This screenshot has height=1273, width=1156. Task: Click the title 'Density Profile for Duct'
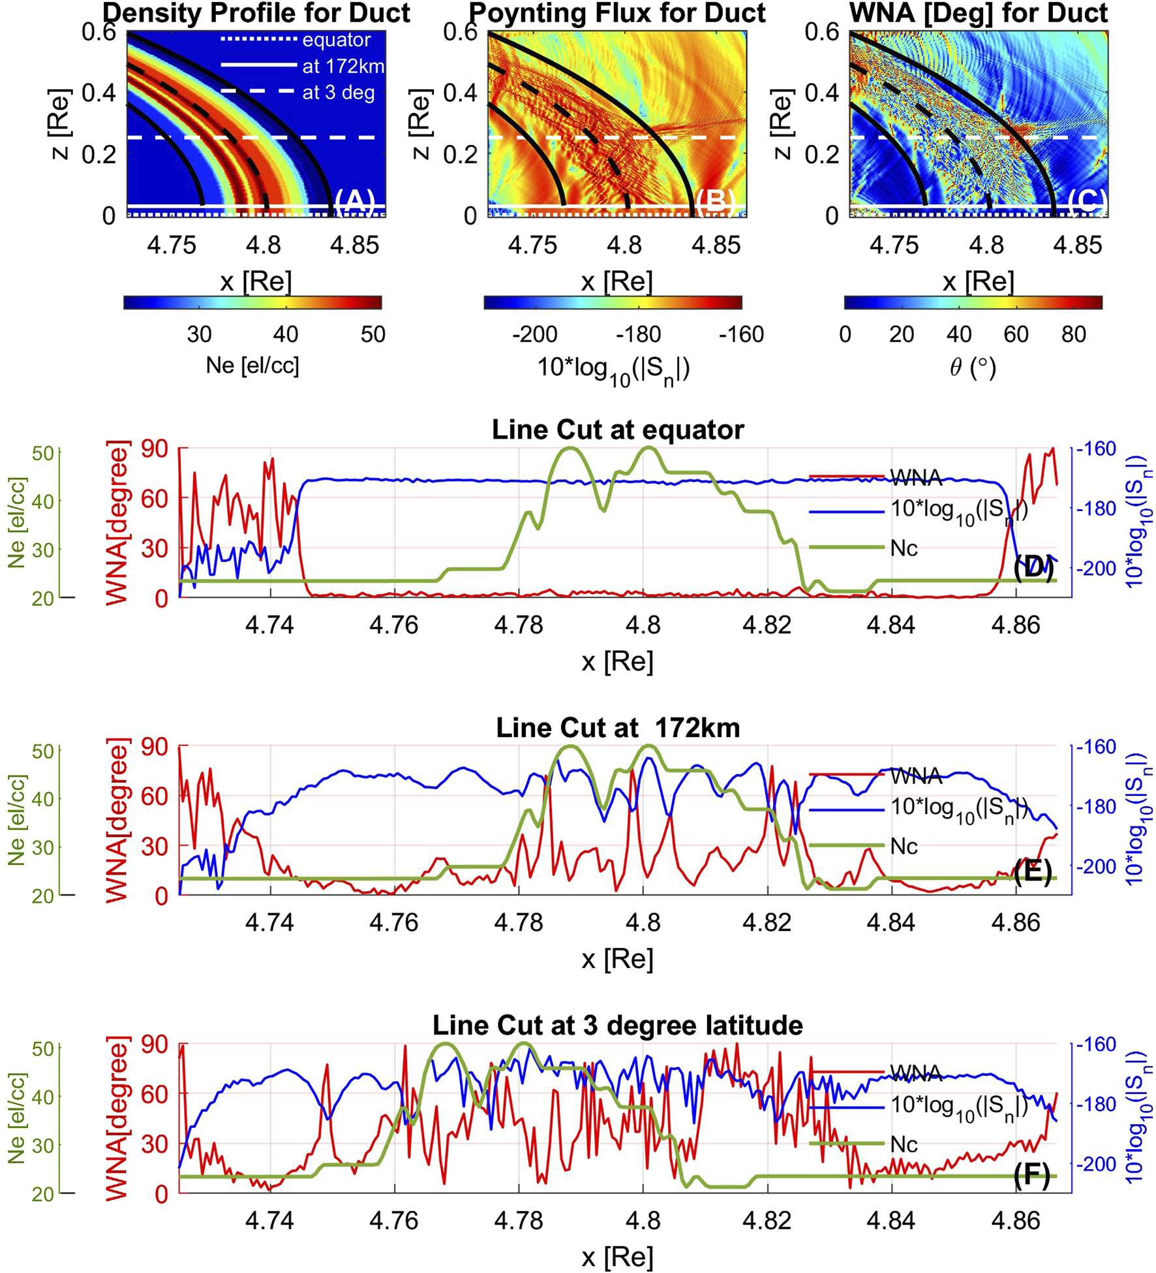(256, 13)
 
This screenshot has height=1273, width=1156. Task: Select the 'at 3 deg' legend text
(338, 93)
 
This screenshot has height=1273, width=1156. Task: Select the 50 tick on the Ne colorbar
(373, 334)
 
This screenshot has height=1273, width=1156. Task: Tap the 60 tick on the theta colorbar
(1016, 334)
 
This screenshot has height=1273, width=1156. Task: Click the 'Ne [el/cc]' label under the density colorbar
(252, 365)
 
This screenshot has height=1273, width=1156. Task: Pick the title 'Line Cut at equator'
(617, 430)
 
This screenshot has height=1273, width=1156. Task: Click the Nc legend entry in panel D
(904, 548)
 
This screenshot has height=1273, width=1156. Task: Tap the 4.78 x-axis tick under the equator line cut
(518, 625)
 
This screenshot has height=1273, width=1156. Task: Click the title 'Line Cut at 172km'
(617, 728)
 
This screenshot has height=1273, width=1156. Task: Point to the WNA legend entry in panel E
(915, 776)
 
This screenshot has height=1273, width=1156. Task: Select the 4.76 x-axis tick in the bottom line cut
(393, 1220)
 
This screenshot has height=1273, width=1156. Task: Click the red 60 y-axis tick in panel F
(155, 1093)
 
